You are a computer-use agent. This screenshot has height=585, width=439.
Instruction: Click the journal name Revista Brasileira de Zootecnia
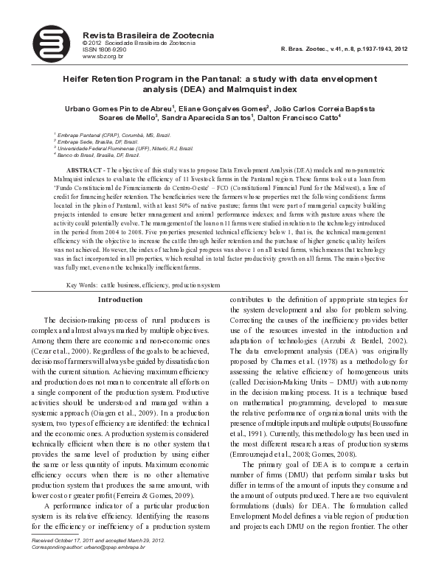tap(148, 35)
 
